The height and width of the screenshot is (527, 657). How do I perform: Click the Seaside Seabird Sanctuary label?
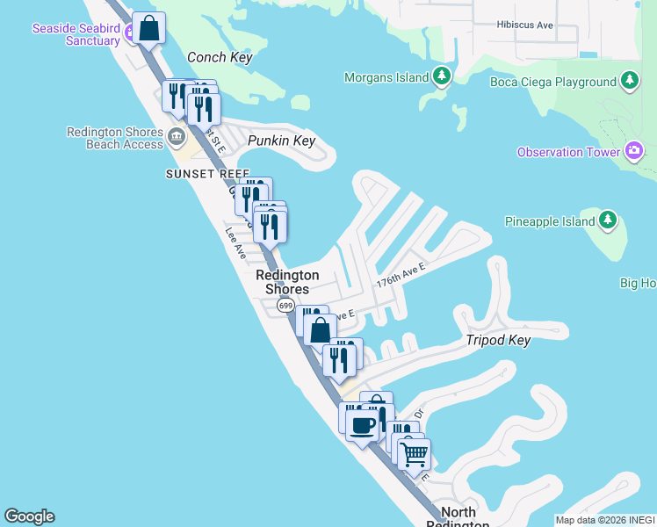point(76,34)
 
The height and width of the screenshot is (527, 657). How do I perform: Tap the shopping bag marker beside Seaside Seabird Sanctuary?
point(150,28)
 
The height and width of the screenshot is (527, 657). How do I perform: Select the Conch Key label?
point(220,57)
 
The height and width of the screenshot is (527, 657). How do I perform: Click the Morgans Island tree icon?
point(443,77)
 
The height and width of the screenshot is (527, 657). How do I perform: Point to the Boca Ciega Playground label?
point(552,82)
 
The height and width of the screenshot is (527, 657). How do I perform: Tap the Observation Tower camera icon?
point(634,152)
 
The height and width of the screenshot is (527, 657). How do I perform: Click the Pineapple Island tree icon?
point(609,222)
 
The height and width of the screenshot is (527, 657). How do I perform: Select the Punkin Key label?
point(281,141)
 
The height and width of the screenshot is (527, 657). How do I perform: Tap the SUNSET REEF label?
point(207,174)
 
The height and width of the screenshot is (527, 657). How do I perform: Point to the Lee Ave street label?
point(235,243)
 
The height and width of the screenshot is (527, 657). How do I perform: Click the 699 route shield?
point(285,306)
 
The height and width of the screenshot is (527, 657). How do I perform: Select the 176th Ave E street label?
point(401,279)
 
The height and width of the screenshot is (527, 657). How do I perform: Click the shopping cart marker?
point(414,455)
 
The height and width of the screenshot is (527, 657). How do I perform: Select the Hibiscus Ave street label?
point(524,25)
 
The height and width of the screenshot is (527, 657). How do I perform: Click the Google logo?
point(29,516)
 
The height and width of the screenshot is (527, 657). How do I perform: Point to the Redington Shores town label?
point(287,282)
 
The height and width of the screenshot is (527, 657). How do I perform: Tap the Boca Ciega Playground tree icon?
point(629,82)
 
